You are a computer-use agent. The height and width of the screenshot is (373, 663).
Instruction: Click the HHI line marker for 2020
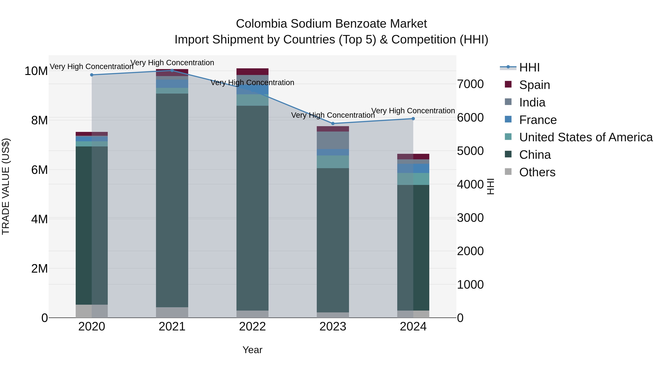coord(92,75)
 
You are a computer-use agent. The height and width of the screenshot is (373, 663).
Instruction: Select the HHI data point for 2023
coord(333,124)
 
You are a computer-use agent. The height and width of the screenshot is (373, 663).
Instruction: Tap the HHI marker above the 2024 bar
coord(413,119)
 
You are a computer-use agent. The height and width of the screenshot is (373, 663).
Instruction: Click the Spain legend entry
coord(534,85)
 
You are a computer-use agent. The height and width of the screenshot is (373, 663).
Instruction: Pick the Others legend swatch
coord(508,172)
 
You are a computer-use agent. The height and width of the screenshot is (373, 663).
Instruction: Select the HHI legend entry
coord(529,67)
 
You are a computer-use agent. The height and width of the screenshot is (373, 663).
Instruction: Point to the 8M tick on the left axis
coord(39,120)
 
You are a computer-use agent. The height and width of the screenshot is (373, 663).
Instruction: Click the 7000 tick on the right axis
coord(470,84)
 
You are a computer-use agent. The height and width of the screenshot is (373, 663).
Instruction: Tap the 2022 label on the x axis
coord(252,327)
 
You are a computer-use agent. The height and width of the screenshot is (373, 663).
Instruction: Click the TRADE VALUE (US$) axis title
coord(6,186)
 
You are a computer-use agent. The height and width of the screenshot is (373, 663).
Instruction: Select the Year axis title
coord(252,350)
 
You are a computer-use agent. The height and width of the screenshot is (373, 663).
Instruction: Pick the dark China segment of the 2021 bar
coord(172,201)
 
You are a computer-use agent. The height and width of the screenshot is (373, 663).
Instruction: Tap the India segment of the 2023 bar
coord(333,140)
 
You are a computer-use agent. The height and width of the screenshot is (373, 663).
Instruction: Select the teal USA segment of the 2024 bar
coord(413,179)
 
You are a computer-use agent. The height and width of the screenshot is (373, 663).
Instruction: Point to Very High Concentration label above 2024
coord(413,111)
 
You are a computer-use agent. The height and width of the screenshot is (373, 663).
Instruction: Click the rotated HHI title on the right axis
coord(491,186)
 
